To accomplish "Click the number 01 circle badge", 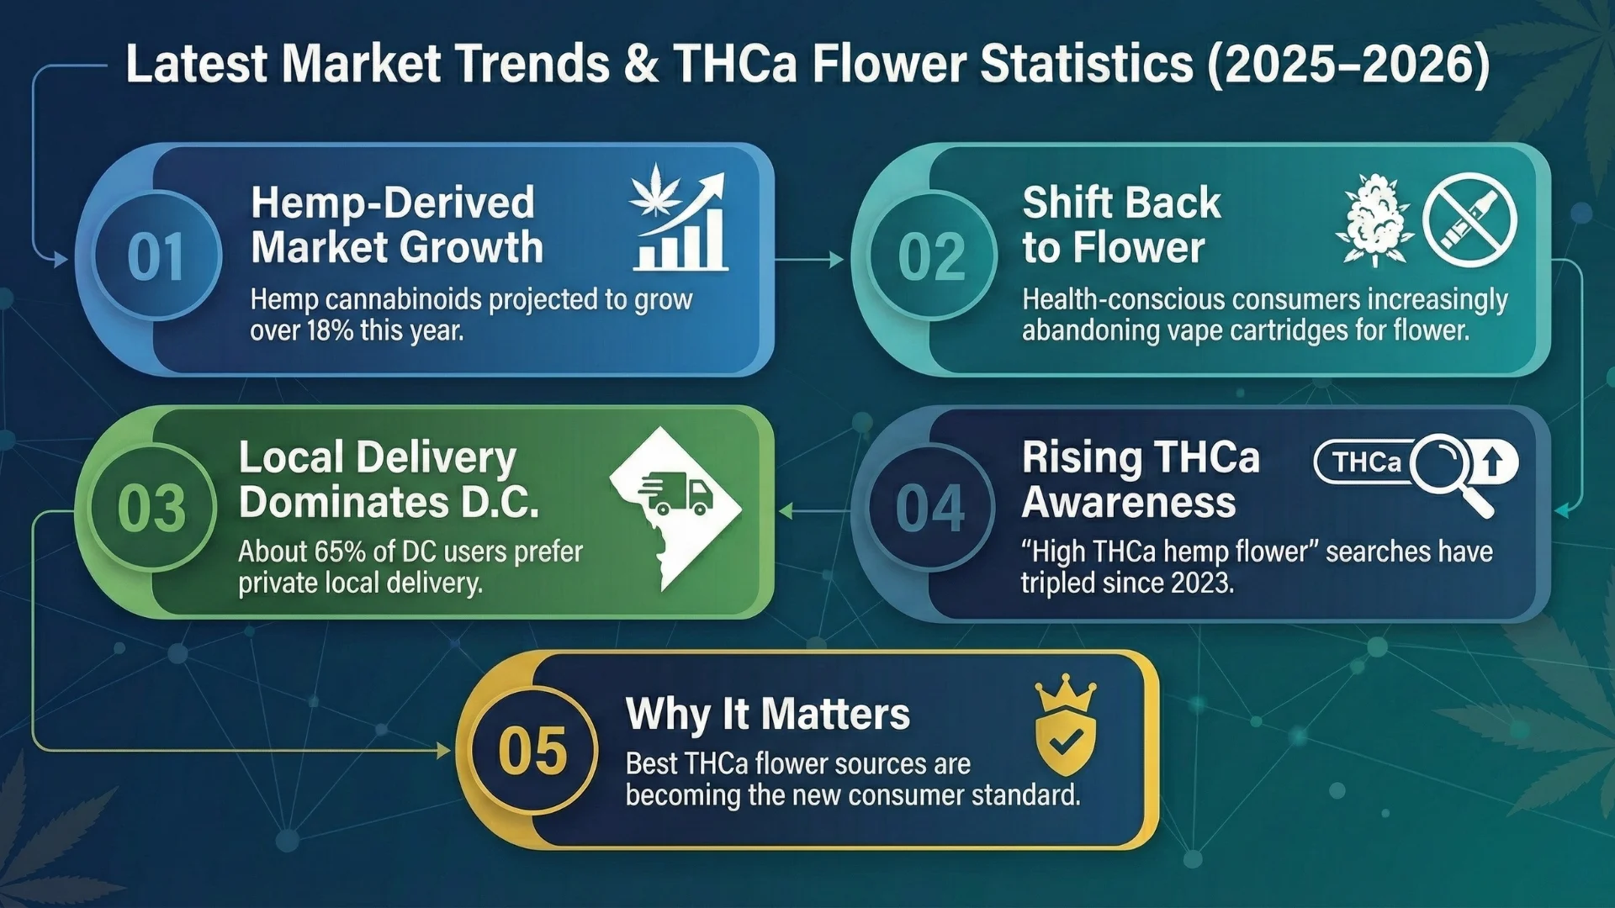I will tap(156, 256).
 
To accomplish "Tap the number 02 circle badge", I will tap(932, 256).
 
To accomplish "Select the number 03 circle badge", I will tap(152, 509).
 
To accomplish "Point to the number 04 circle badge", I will tap(930, 509).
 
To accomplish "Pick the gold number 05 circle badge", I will tap(532, 750).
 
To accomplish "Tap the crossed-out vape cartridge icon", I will tap(1469, 220).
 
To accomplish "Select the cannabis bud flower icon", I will tap(1374, 220).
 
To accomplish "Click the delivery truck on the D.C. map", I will tap(675, 494).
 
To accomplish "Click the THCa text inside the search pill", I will tap(1367, 462).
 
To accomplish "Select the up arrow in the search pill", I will tap(1493, 462).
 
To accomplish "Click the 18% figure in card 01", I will tap(330, 330).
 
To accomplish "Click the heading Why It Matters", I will tap(767, 714).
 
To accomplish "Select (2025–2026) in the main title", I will tap(1348, 65).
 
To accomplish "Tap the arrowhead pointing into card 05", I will tap(444, 750).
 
